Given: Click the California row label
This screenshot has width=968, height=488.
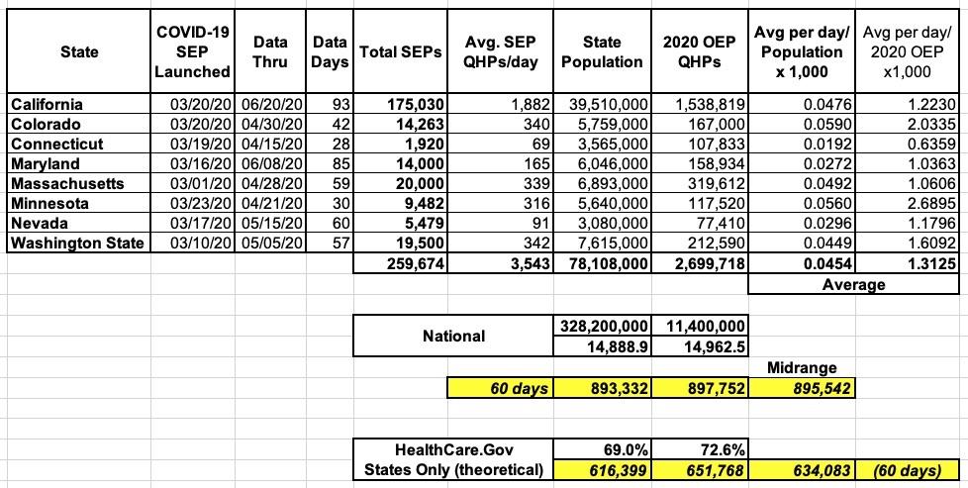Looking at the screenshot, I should tap(48, 104).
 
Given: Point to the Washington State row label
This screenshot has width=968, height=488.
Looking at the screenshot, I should tap(76, 243).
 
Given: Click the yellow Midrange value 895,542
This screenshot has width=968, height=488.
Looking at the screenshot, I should tap(814, 388).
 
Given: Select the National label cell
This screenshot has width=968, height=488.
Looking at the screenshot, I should tap(454, 336).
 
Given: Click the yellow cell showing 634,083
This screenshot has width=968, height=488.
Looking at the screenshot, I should tap(814, 469).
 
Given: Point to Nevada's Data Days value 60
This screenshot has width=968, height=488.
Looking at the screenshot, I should tap(339, 223).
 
